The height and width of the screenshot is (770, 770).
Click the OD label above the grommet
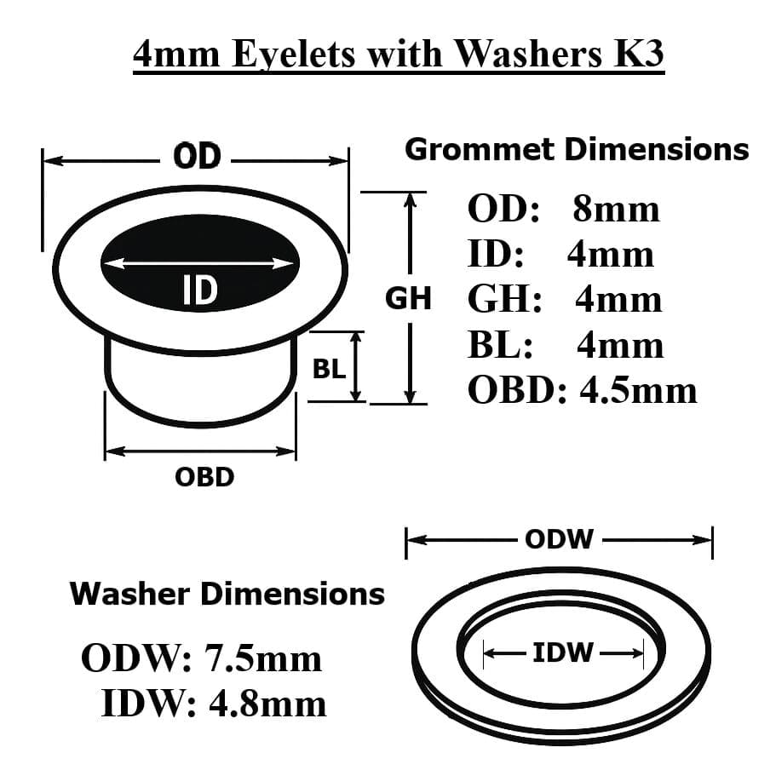pyautogui.click(x=197, y=158)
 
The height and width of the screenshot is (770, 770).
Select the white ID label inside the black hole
pyautogui.click(x=199, y=291)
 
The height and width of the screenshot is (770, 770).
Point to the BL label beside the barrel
pyautogui.click(x=330, y=369)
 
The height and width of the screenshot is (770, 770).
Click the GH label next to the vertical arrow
pyautogui.click(x=409, y=298)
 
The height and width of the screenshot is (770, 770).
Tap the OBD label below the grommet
pyautogui.click(x=204, y=477)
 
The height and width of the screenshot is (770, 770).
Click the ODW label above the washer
pyautogui.click(x=559, y=539)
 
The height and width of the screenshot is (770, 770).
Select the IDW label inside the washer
pyautogui.click(x=562, y=653)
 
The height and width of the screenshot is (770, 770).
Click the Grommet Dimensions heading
pyautogui.click(x=577, y=149)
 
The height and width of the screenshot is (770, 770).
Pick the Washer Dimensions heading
pyautogui.click(x=227, y=593)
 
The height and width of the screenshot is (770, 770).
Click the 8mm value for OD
pyautogui.click(x=617, y=209)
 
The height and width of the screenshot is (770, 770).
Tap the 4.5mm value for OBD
pyautogui.click(x=639, y=390)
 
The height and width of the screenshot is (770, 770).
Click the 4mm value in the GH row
pyautogui.click(x=618, y=300)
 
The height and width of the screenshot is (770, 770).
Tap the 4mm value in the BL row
pyautogui.click(x=620, y=345)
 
